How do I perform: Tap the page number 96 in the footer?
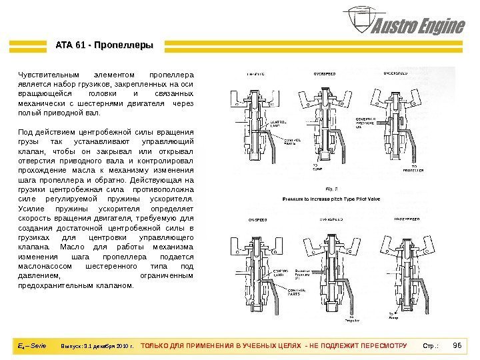[457, 347]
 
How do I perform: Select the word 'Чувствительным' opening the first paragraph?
[45, 74]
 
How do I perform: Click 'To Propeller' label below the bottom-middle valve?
[351, 318]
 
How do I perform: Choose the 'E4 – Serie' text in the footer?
[33, 347]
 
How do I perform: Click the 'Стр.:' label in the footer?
[431, 347]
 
